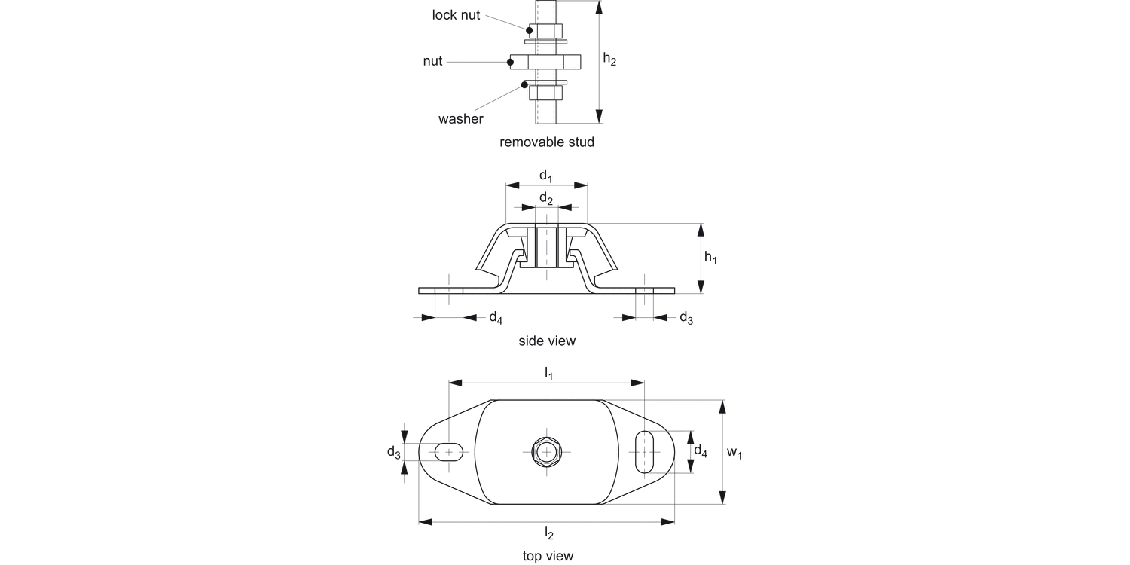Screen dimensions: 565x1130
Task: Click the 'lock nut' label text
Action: coord(456,15)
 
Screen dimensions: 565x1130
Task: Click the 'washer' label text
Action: coord(460,119)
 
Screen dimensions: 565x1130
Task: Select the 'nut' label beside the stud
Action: coord(432,62)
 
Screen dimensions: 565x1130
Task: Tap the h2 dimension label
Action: coord(610,60)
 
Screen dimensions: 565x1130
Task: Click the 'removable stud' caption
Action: coord(546,142)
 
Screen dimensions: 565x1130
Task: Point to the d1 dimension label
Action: coord(546,176)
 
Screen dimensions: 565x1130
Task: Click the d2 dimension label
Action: coord(546,199)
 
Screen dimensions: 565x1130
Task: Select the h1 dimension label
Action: coord(710,258)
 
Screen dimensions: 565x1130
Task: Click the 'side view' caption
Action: coord(546,341)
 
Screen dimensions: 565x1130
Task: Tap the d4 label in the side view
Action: coord(495,317)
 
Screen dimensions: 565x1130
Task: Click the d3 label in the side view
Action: coord(686,317)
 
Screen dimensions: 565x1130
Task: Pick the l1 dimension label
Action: coord(548,374)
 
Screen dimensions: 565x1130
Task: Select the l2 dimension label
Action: coord(548,533)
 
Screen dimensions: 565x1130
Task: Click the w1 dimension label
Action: coord(734,452)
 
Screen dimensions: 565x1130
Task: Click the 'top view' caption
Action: coord(548,556)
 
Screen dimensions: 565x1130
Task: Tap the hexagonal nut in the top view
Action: coord(546,451)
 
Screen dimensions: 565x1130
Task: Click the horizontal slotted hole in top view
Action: coord(450,451)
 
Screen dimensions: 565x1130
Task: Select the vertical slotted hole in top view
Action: coord(645,451)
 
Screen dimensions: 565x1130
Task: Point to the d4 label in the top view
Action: coord(701,451)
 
